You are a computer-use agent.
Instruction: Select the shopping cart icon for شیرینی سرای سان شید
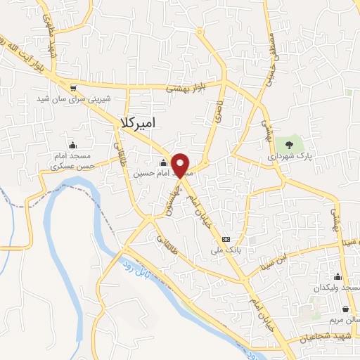click(x=74, y=89)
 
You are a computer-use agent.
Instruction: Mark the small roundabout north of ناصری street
click(x=200, y=31)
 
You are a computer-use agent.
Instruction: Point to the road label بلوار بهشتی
click(x=184, y=89)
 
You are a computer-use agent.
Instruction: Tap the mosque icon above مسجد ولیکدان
click(x=338, y=276)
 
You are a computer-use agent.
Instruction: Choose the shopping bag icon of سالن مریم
click(x=345, y=308)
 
